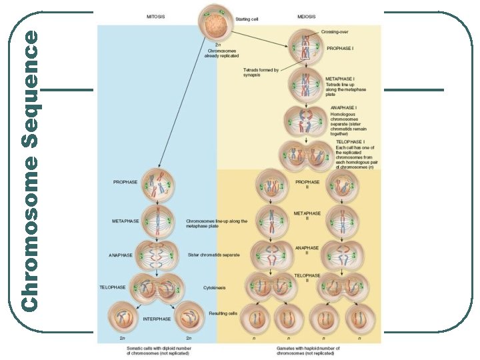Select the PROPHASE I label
[x=341, y=48]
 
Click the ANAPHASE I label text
[x=343, y=107]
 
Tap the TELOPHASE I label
[x=350, y=142]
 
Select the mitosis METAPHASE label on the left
[x=125, y=221]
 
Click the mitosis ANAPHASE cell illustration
[x=157, y=255]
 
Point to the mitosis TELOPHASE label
[x=113, y=287]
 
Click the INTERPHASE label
[x=157, y=319]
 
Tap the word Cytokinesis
[x=215, y=287]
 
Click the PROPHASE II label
[x=307, y=184]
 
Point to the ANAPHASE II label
[x=307, y=250]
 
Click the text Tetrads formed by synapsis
[x=261, y=72]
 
